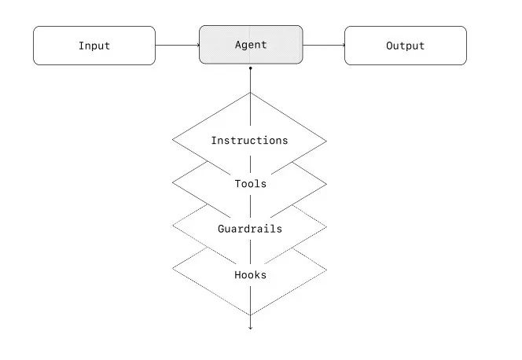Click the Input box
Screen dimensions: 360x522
pyautogui.click(x=94, y=46)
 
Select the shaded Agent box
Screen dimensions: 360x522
pyautogui.click(x=250, y=45)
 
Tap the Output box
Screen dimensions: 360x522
pyautogui.click(x=405, y=46)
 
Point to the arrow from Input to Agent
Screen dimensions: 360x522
pyautogui.click(x=177, y=46)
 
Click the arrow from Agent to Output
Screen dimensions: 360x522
pyautogui.click(x=323, y=46)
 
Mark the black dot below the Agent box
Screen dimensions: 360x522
pyautogui.click(x=250, y=69)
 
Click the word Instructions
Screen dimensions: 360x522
pyautogui.click(x=249, y=141)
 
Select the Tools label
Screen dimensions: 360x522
pyautogui.click(x=250, y=184)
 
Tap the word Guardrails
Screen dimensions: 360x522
pyautogui.click(x=250, y=229)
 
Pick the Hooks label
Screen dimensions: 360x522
pyautogui.click(x=250, y=274)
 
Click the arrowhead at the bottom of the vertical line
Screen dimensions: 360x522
pyautogui.click(x=250, y=326)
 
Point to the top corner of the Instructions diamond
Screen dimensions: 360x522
pyautogui.click(x=250, y=94)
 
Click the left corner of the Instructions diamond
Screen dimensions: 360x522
pyautogui.click(x=173, y=141)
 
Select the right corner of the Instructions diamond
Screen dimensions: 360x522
pyautogui.click(x=327, y=141)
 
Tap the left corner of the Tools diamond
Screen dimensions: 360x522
pyautogui.click(x=173, y=184)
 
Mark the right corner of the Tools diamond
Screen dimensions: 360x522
pyautogui.click(x=327, y=184)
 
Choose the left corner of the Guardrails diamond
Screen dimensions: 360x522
pyautogui.click(x=173, y=229)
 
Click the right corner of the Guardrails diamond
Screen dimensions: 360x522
pyautogui.click(x=327, y=229)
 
